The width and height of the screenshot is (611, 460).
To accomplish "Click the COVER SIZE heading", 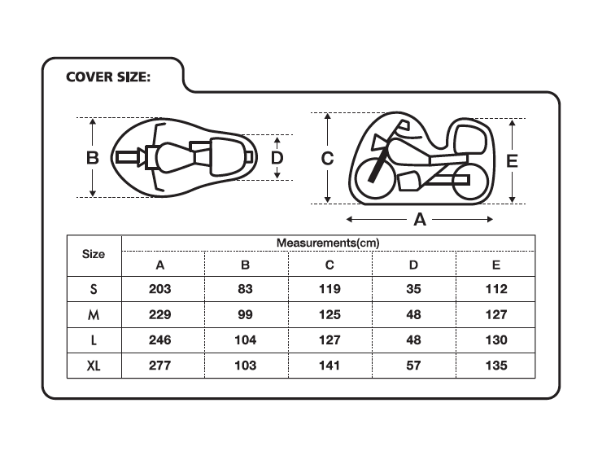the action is pyautogui.click(x=108, y=77).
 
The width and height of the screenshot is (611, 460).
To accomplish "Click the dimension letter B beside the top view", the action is pyautogui.click(x=93, y=158).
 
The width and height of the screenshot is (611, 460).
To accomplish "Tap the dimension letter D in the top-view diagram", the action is pyautogui.click(x=277, y=158).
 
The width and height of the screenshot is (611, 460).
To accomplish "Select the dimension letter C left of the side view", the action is pyautogui.click(x=327, y=158).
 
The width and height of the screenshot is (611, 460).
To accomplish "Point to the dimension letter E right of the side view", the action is pyautogui.click(x=512, y=161).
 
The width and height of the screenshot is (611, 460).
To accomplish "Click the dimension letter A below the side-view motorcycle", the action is pyautogui.click(x=420, y=220).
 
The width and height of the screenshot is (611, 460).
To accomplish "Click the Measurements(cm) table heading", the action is pyautogui.click(x=328, y=243).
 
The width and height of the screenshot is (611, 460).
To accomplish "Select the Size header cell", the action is pyautogui.click(x=94, y=254).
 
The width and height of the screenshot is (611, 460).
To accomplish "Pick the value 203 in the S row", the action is pyautogui.click(x=159, y=289).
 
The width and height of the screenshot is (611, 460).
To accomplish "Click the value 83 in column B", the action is pyautogui.click(x=245, y=289).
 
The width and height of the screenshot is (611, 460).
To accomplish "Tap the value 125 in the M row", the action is pyautogui.click(x=330, y=314).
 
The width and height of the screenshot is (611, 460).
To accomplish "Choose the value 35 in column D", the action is pyautogui.click(x=413, y=289).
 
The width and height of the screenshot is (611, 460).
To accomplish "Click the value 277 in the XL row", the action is pyautogui.click(x=159, y=366).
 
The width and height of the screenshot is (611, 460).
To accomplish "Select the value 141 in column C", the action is pyautogui.click(x=330, y=366).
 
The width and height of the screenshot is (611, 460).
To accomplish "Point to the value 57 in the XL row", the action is pyautogui.click(x=413, y=366).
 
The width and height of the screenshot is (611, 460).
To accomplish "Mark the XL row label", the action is pyautogui.click(x=94, y=366).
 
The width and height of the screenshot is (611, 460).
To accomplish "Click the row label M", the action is pyautogui.click(x=94, y=314).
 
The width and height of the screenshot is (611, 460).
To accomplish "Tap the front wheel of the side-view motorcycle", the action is pyautogui.click(x=375, y=177).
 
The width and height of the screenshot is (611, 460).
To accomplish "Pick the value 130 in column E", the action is pyautogui.click(x=496, y=340).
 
